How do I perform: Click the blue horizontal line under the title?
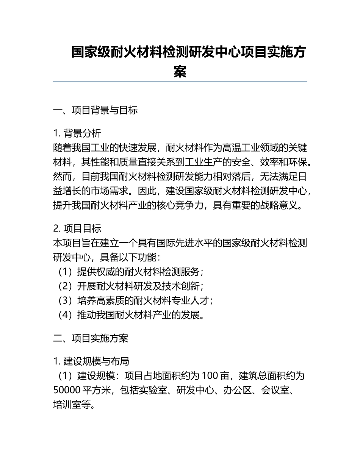(180, 81)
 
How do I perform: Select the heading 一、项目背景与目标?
(95, 110)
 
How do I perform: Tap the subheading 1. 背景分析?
(77, 133)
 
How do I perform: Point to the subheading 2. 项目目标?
(77, 229)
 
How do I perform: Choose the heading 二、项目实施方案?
(91, 338)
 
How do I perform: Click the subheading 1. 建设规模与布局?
(91, 362)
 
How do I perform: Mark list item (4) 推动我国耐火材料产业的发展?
(131, 315)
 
